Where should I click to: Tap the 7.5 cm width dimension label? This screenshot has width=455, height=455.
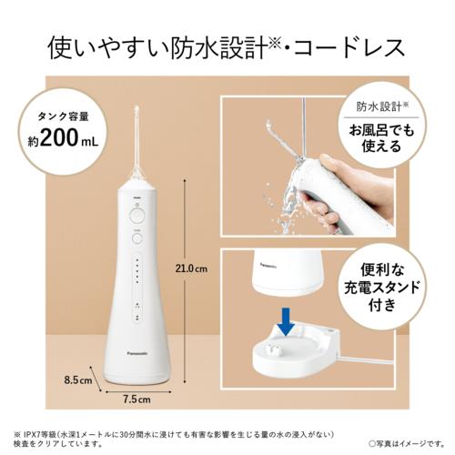tap(137, 399)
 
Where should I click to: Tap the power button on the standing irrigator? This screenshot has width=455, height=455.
tap(136, 215)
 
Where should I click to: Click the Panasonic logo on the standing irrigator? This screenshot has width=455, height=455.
tap(136, 348)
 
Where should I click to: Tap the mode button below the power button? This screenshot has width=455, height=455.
tap(136, 240)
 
